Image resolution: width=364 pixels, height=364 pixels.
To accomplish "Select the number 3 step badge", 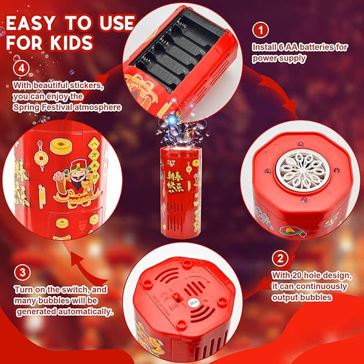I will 21,271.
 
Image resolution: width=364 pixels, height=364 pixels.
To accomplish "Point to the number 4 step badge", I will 22,66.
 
